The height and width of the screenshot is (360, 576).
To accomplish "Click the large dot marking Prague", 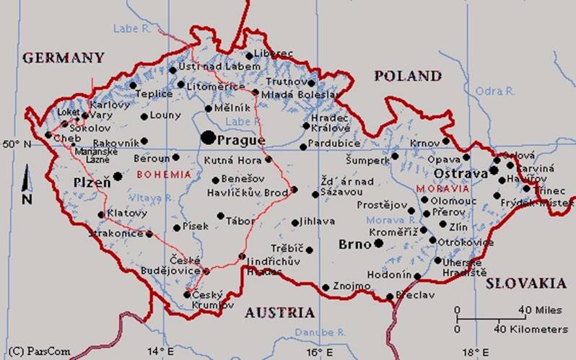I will coord(208,136).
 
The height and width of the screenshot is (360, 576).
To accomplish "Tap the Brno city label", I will coord(354,245).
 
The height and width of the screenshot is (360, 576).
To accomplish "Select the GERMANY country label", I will coord(63,58).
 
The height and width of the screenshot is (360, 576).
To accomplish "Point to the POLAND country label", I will coord(407,76).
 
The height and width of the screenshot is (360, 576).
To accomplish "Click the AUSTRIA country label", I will coord(279,312).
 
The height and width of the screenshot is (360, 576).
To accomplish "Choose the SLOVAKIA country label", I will coord(525,284).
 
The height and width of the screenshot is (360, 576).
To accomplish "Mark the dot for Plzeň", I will coord(118,176).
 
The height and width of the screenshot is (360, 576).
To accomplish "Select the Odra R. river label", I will coord(495,91).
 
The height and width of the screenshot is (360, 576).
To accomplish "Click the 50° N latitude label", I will coord(17,144).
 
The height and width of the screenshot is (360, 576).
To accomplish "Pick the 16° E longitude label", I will coord(315,351).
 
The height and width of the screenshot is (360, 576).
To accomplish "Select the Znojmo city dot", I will coord(326,287).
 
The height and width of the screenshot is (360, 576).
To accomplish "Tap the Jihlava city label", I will coord(318,221).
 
